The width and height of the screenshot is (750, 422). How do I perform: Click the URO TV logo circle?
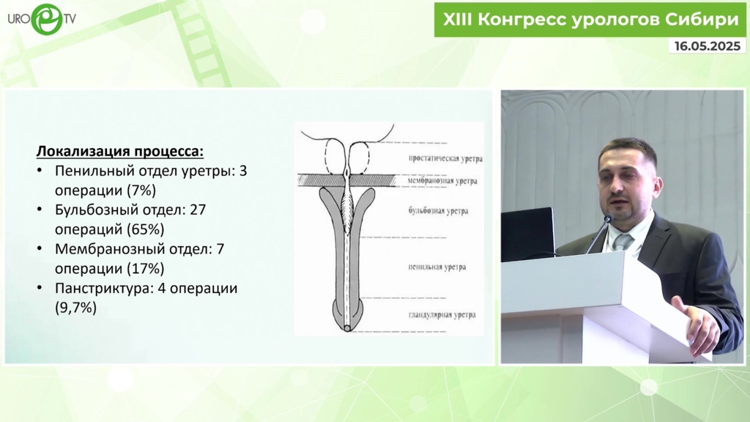[x=46, y=19]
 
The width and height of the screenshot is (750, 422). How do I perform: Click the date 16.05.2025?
[x=708, y=46]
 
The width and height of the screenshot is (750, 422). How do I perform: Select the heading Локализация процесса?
[x=120, y=151]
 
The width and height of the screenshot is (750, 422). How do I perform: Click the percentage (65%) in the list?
[x=146, y=229]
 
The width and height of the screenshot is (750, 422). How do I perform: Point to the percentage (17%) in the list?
[x=146, y=268]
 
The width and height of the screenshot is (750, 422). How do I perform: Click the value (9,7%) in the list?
[x=75, y=308]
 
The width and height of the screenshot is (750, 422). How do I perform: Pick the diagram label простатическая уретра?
[x=445, y=159]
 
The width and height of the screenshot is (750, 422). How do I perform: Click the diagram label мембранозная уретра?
[x=442, y=181]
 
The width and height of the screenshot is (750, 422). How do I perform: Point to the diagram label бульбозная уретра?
[x=438, y=210]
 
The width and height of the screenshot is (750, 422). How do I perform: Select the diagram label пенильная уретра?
[x=437, y=267]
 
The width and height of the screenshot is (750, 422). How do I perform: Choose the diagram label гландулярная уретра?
[x=442, y=315]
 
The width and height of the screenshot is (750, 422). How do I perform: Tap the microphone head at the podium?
[x=609, y=219]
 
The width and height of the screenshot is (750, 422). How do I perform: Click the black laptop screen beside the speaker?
[x=527, y=234]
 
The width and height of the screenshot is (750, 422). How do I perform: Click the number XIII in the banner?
[x=457, y=20]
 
